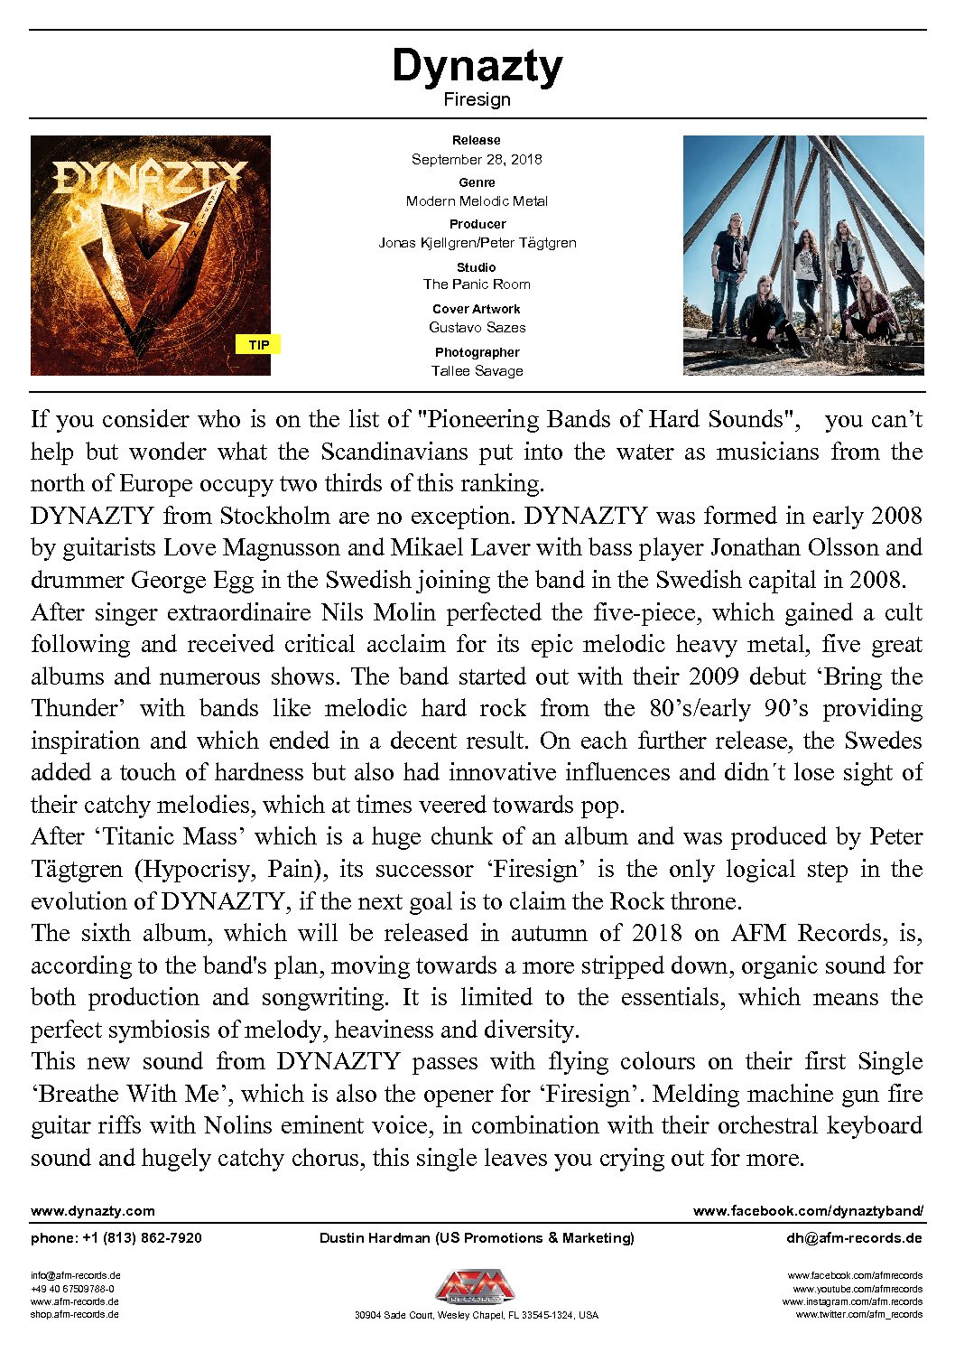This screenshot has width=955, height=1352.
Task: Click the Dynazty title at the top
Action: (477, 66)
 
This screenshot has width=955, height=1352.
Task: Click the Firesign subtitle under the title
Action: (477, 99)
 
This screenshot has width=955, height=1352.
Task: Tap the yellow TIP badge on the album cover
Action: (259, 344)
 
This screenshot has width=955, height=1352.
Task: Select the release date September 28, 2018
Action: (477, 159)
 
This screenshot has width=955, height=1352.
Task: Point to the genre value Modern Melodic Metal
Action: (477, 201)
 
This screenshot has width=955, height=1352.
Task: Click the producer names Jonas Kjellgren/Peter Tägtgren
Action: (477, 243)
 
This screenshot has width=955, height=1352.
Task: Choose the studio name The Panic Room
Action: (477, 284)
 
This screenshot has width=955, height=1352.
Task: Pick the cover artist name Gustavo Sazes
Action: (477, 327)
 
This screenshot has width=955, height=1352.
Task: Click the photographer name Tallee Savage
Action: (477, 370)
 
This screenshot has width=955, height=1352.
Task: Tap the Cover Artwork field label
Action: (477, 309)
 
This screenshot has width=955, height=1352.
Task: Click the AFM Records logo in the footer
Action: (477, 1288)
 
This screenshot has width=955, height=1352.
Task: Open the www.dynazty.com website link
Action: (93, 1211)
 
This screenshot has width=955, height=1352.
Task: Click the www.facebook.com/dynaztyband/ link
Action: (808, 1211)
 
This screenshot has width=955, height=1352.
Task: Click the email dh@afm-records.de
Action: (854, 1238)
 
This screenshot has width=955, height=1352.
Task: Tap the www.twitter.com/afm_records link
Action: (858, 1315)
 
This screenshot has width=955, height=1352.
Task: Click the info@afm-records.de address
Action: (76, 1276)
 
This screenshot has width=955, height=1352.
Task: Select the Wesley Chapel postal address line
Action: (477, 1316)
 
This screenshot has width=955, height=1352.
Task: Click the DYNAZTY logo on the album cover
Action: (150, 177)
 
